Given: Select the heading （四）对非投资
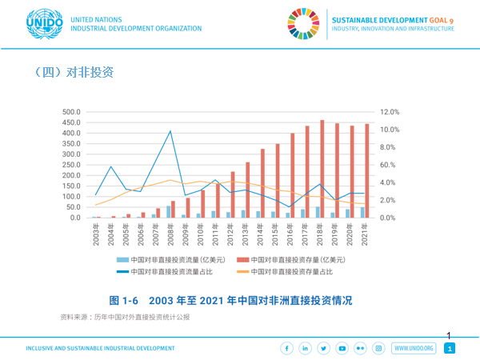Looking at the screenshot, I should [x=74, y=73].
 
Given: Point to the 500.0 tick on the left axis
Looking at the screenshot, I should [x=71, y=112].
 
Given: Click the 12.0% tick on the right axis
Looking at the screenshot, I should [x=390, y=112].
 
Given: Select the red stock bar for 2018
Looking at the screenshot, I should [x=322, y=169].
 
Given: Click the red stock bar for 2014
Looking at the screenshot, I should [x=262, y=183].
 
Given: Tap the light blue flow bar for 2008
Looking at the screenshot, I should [x=168, y=212].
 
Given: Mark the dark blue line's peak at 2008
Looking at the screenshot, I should [x=170, y=131].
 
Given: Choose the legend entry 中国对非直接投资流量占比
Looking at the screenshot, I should [x=172, y=272].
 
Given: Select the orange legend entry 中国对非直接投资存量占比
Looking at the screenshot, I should [x=286, y=272].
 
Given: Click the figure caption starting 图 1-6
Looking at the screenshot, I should [x=231, y=301].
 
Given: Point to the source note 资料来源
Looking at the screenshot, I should [x=125, y=318].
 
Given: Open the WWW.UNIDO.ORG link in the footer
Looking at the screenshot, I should [x=413, y=348].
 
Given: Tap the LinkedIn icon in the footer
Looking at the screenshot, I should [x=305, y=348].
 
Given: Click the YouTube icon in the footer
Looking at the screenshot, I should [x=342, y=348].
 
